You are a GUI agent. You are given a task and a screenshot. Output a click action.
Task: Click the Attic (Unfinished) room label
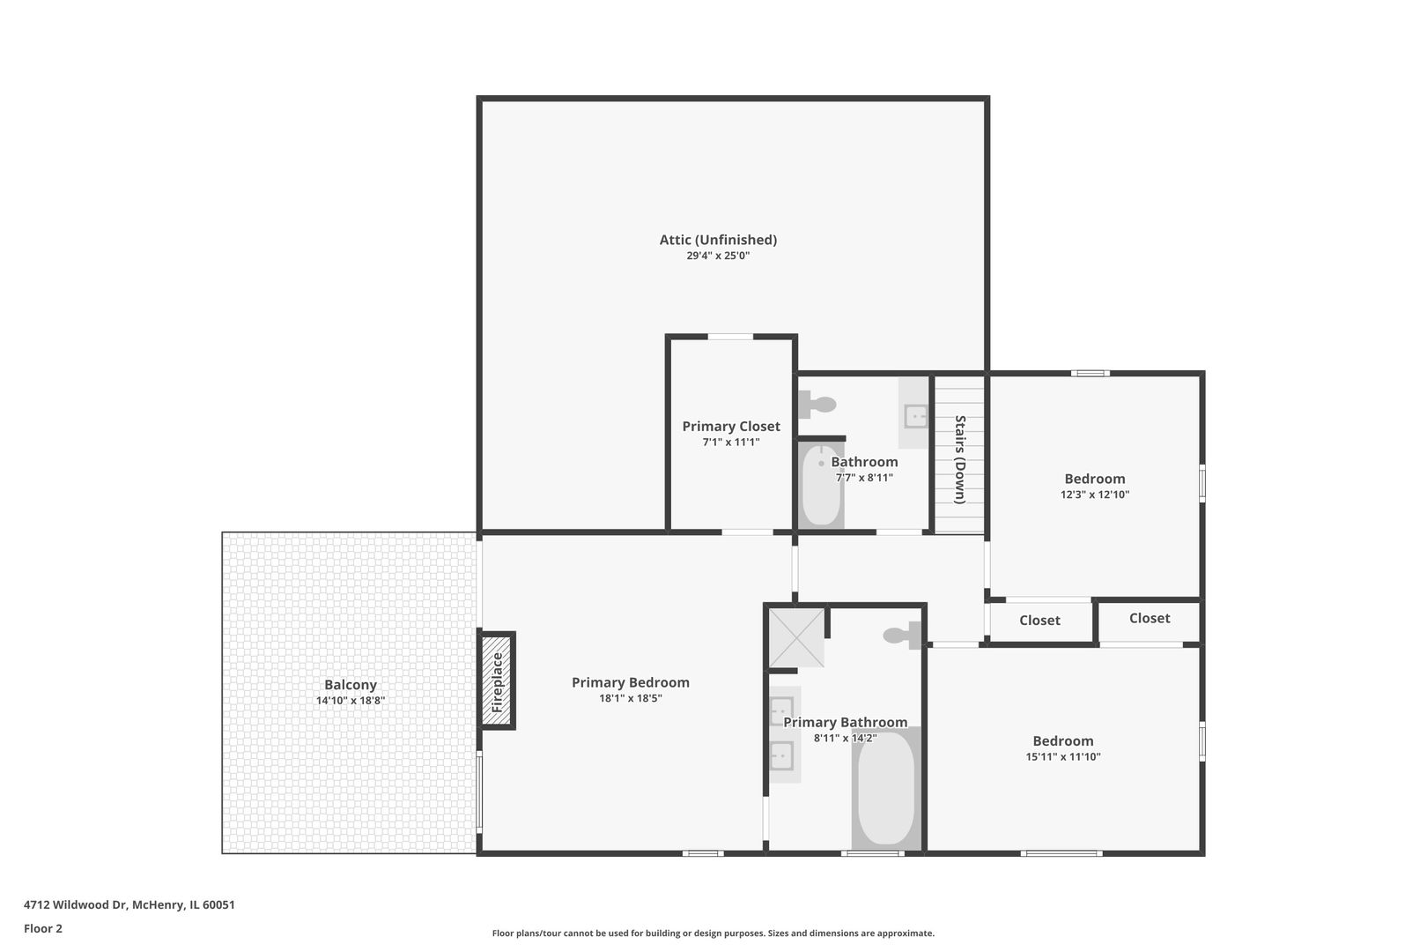718,240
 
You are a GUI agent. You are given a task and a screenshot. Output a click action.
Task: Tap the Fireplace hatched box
497,681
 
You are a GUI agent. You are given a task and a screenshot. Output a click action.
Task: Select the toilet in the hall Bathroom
817,405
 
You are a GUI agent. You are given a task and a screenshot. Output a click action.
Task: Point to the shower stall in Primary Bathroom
796,637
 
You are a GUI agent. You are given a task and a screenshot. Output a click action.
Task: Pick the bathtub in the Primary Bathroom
886,789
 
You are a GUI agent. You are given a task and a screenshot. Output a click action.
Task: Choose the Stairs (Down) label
960,460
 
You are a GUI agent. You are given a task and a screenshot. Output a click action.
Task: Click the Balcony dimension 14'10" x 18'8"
351,701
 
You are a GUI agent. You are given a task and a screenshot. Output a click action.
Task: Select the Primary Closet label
731,426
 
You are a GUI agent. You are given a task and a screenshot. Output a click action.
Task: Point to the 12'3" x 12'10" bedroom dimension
1094,495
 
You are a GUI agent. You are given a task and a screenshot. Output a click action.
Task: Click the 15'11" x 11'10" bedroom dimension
1062,757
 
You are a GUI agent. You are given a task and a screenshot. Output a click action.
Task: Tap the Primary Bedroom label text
630,682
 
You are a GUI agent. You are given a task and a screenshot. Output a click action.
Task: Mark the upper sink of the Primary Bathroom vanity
781,709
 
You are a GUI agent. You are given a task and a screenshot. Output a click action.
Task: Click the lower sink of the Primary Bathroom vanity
781,755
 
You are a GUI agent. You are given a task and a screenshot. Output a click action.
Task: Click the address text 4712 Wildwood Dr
76,904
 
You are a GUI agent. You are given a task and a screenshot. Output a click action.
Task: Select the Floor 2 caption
43,928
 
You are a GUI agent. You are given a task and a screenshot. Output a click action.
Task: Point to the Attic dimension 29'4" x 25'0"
718,256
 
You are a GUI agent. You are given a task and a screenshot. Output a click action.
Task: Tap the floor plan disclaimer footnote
713,933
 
